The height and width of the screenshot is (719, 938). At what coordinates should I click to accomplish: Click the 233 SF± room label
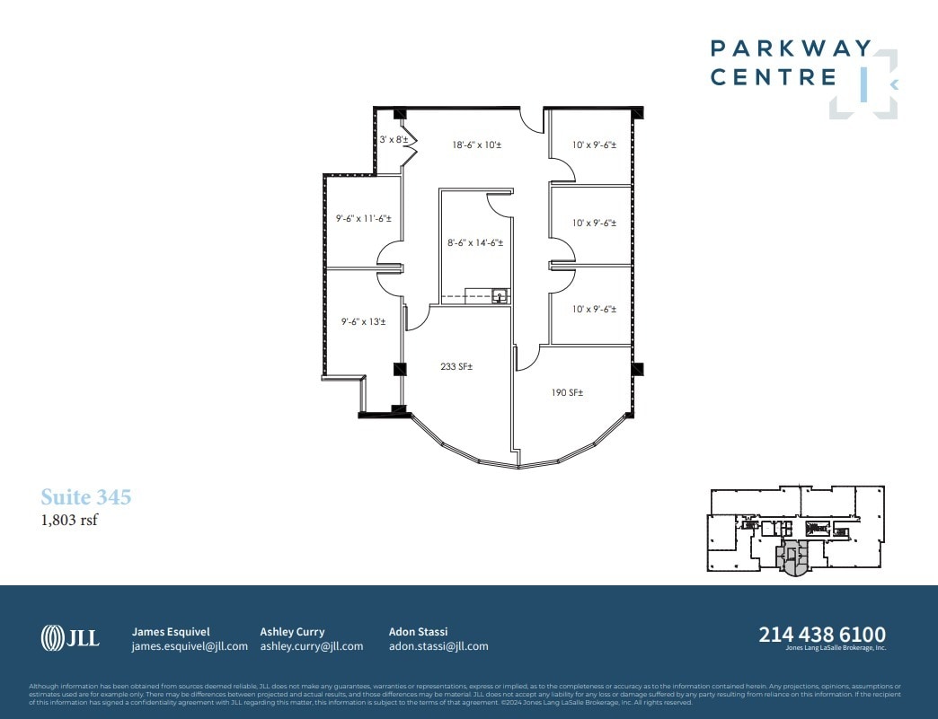pyautogui.click(x=456, y=366)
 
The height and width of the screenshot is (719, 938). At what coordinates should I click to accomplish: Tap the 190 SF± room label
pyautogui.click(x=568, y=392)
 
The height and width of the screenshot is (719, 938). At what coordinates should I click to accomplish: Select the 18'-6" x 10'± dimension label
pyautogui.click(x=477, y=145)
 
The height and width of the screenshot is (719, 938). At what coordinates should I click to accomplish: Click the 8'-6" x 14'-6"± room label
pyautogui.click(x=476, y=242)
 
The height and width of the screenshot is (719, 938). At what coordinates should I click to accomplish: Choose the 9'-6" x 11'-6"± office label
pyautogui.click(x=358, y=218)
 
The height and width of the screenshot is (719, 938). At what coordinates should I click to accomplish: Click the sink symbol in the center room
pyautogui.click(x=500, y=294)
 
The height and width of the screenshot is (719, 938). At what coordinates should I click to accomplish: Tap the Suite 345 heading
pyautogui.click(x=86, y=497)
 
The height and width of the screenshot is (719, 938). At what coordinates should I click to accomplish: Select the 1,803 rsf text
pyautogui.click(x=69, y=520)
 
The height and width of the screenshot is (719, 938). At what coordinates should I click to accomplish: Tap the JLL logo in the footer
pyautogui.click(x=70, y=638)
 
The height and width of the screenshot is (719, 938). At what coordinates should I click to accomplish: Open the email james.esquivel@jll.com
pyautogui.click(x=190, y=646)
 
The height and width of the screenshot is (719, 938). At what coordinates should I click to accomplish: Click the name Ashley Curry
pyautogui.click(x=292, y=631)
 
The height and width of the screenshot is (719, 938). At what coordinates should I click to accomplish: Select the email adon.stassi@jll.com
pyautogui.click(x=438, y=646)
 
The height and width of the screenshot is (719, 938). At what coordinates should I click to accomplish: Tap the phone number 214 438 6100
pyautogui.click(x=822, y=635)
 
